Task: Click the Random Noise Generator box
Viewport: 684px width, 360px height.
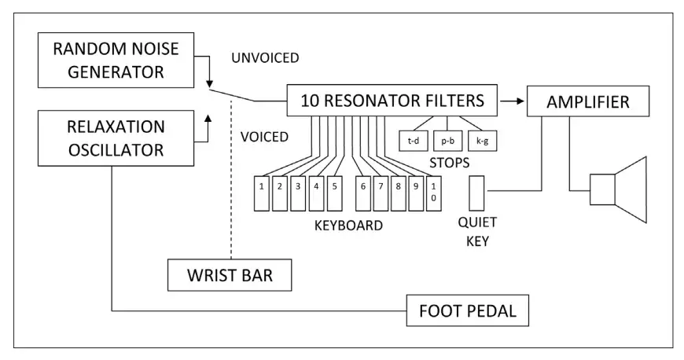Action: tap(116, 61)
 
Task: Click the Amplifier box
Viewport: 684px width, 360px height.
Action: tap(589, 101)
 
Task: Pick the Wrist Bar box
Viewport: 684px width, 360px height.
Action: tap(230, 276)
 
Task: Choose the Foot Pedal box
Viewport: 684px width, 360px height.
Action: tap(467, 310)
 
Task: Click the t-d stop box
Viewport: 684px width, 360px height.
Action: tap(413, 141)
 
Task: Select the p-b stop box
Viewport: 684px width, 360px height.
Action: tap(448, 141)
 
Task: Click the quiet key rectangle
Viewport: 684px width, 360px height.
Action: tap(477, 193)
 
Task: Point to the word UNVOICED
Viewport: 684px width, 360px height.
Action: tap(266, 58)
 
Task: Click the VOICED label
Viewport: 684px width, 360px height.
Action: tap(264, 137)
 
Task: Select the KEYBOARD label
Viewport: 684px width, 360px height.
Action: tap(348, 226)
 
